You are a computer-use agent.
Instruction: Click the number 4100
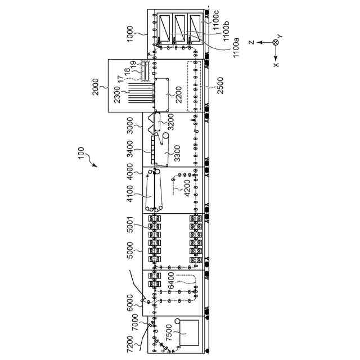pos(130,193)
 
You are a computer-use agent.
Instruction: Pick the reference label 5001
pos(130,229)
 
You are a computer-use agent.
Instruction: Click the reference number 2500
pos(219,85)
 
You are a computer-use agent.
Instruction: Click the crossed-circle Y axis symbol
pos(275,43)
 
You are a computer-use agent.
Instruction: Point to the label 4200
pos(187,188)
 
